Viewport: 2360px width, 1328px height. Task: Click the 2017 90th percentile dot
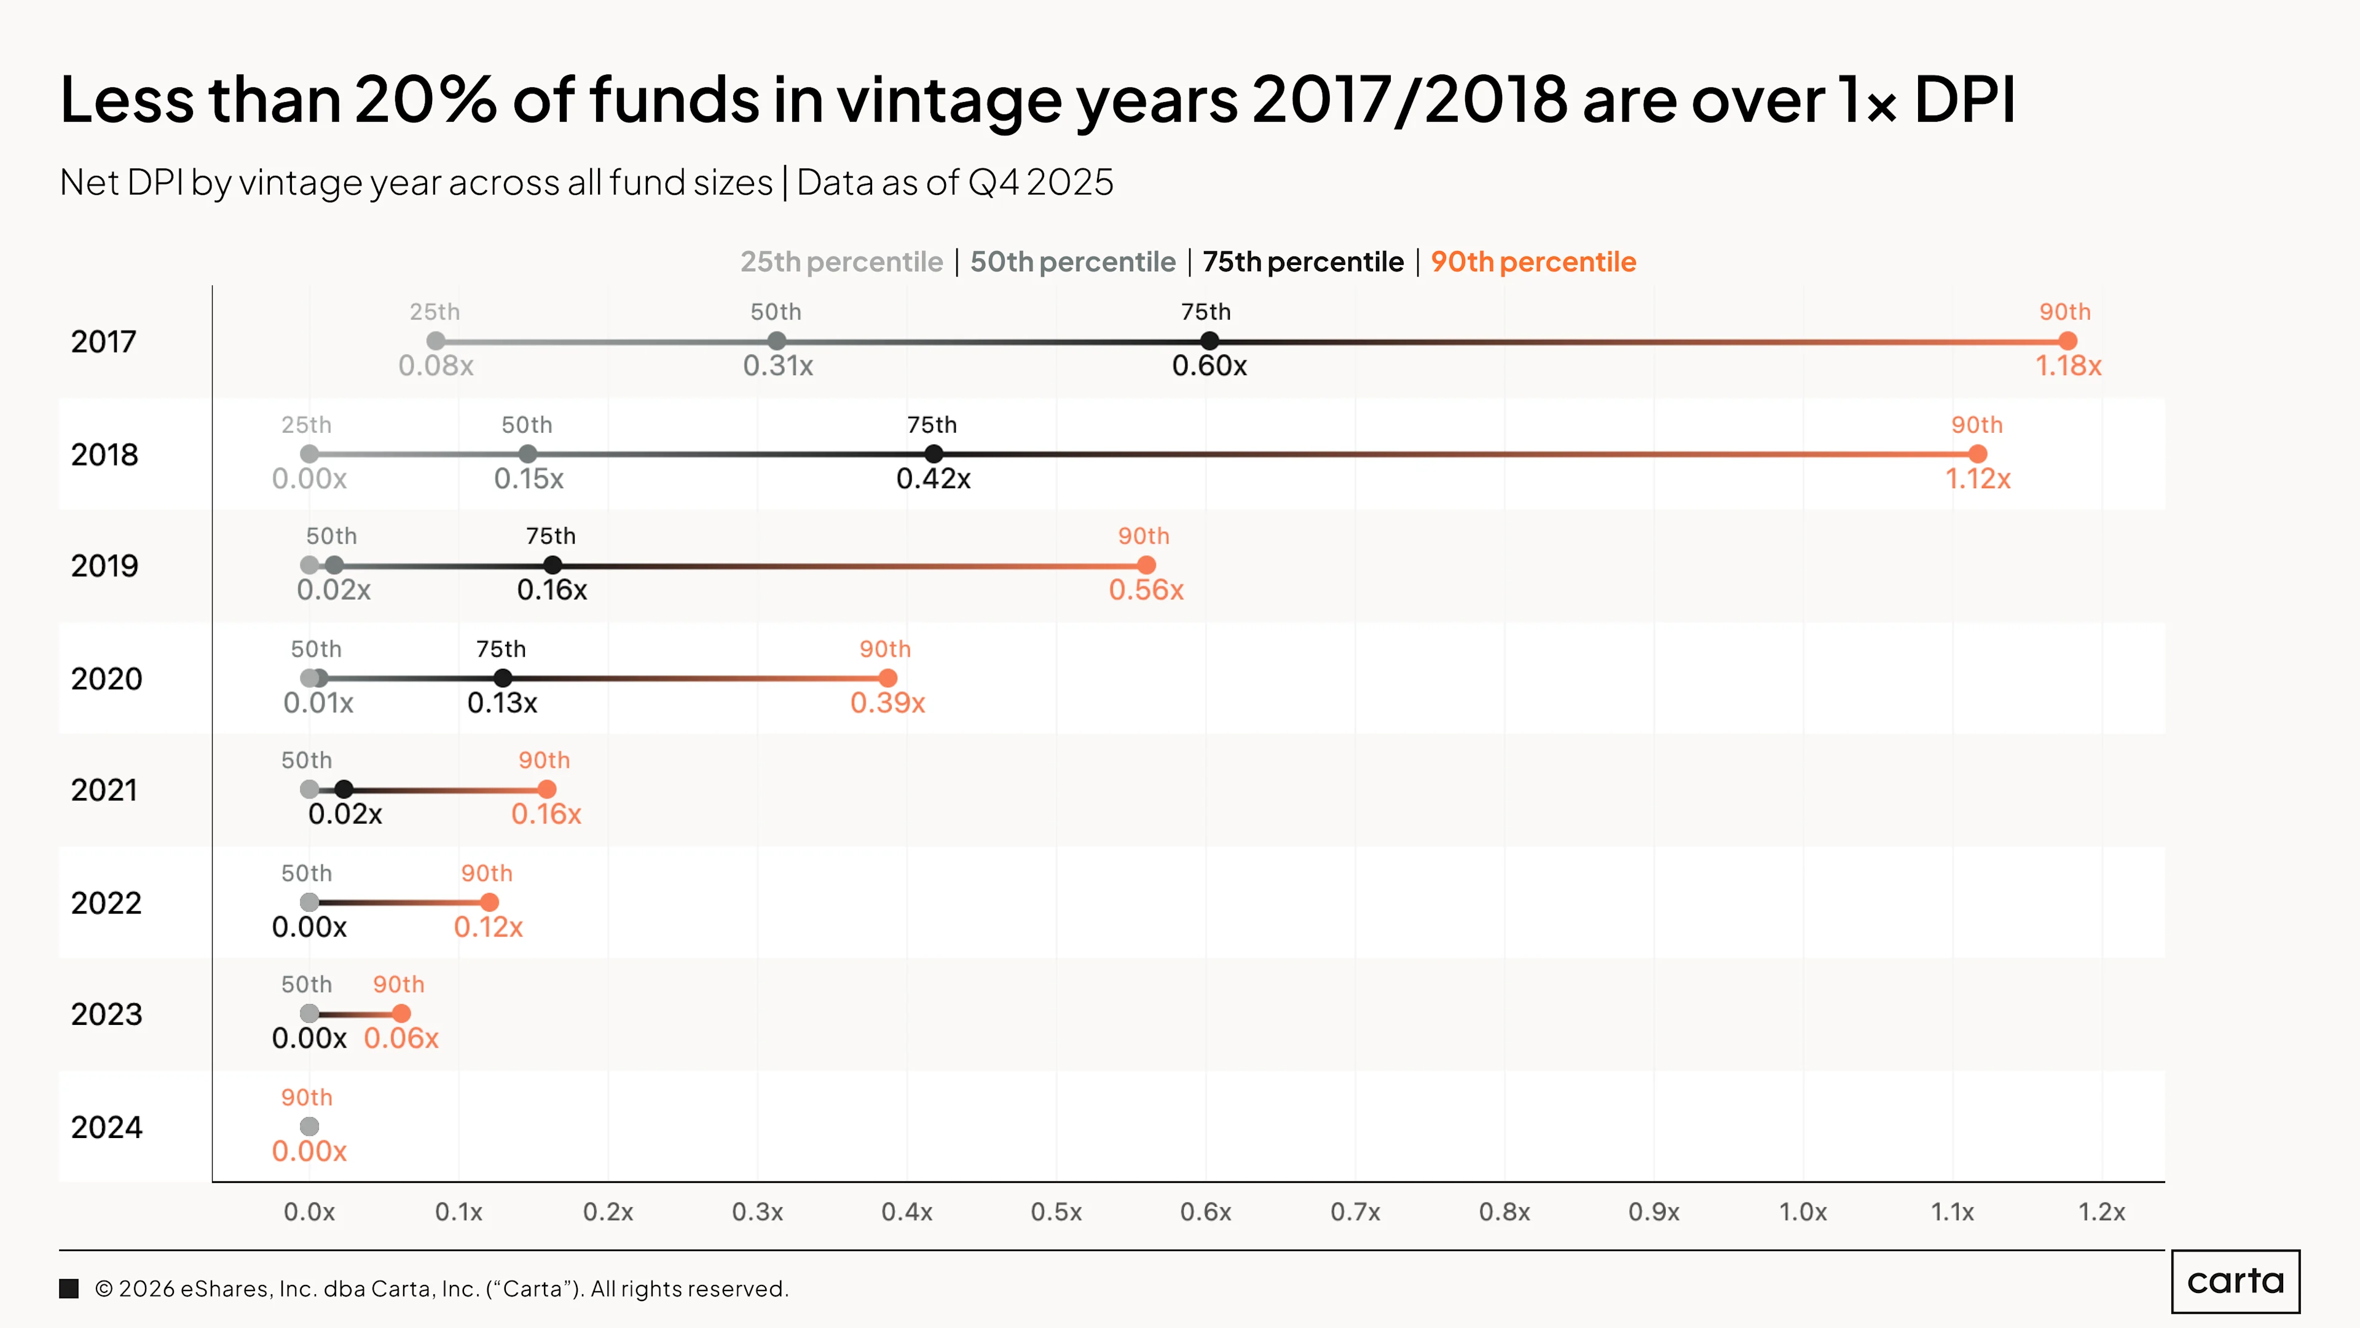(2067, 341)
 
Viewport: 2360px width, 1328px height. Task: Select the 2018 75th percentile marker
(934, 454)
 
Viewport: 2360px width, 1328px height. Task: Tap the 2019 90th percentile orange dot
(1146, 566)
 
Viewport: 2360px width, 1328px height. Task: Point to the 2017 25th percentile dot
(436, 341)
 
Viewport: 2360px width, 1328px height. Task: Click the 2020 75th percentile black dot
(503, 678)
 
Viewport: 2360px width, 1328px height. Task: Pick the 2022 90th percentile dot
(489, 903)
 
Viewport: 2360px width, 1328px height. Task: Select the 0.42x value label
(934, 478)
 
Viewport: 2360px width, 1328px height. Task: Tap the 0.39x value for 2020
(887, 703)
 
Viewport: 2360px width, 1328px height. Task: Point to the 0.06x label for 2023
(401, 1038)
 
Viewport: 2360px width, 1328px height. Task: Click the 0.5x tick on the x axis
(1056, 1212)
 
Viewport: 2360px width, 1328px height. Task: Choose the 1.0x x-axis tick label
(1803, 1212)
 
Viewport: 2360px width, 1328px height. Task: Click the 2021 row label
(104, 790)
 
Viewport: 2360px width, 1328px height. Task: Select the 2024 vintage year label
(106, 1128)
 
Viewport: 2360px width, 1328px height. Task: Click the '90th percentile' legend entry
(1533, 262)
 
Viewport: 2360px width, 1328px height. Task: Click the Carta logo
(2235, 1281)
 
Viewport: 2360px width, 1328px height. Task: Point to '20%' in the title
(426, 99)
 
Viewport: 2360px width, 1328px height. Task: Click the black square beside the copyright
(69, 1289)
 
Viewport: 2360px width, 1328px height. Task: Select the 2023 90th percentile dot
(401, 1014)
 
